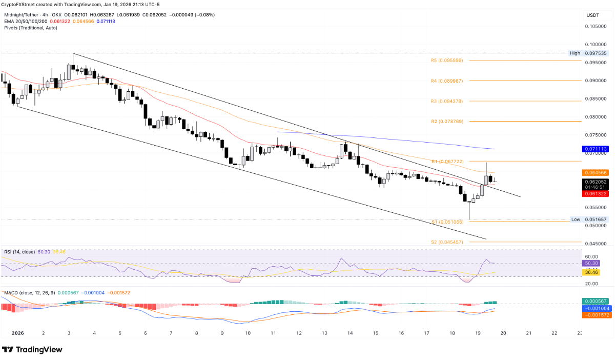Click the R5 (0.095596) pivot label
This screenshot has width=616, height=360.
[x=447, y=61]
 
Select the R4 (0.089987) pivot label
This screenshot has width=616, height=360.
[x=447, y=81]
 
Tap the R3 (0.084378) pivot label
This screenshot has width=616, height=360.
[x=447, y=101]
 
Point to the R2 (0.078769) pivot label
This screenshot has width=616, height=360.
[x=447, y=122]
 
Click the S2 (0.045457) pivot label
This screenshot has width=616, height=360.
[x=447, y=242]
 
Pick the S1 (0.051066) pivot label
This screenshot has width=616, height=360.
[x=447, y=222]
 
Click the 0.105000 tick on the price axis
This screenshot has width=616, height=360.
[x=597, y=26]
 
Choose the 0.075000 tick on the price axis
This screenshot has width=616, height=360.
[x=597, y=135]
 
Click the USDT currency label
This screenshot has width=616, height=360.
[x=592, y=15]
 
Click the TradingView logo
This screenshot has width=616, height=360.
[x=32, y=350]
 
